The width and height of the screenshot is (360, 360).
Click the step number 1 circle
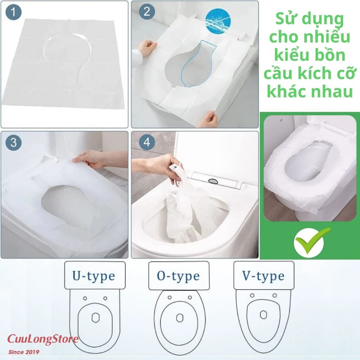coord(13,12)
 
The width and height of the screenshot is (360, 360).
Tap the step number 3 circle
coord(13,143)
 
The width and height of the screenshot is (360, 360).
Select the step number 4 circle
coord(147,143)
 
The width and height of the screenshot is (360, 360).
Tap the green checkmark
coord(312,241)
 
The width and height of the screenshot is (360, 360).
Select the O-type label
coord(178,276)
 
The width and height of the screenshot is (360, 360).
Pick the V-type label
coord(263,276)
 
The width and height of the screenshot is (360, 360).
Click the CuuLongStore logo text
coord(43,339)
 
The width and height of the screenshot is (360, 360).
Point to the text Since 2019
coord(24,352)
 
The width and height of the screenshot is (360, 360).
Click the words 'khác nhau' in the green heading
coord(310,91)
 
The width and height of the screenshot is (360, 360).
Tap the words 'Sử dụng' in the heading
coord(310,20)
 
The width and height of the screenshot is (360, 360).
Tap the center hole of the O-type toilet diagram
coord(180,318)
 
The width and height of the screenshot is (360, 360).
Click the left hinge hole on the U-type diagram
coord(85,298)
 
